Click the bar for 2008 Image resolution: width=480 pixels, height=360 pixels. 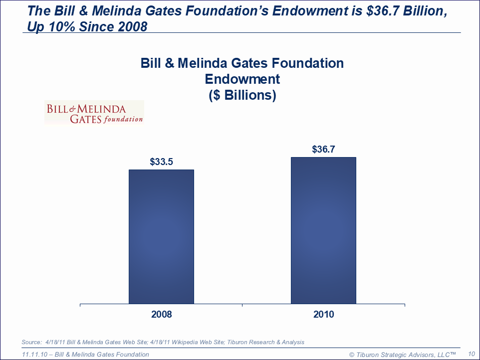161,236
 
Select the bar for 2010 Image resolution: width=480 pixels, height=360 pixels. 323,230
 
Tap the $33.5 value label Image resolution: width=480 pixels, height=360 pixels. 161,162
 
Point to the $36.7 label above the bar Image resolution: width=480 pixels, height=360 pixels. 323,150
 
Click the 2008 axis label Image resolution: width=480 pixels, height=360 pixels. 161,315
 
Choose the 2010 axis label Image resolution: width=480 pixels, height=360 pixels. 323,315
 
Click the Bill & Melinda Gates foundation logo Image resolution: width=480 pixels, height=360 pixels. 94,113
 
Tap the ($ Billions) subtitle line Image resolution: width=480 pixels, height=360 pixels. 242,95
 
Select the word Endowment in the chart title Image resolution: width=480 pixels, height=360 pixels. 242,79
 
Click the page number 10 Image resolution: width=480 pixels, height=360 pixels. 471,354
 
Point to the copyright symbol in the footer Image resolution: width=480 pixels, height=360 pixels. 352,355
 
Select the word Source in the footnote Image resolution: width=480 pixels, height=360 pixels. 31,342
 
